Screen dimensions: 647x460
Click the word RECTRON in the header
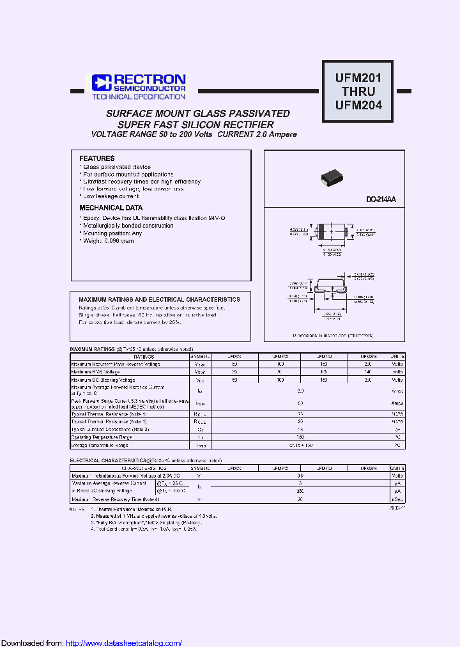150,79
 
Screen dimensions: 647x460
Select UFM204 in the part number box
358,105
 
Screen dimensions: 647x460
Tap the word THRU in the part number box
358,92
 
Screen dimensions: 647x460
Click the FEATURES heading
97,159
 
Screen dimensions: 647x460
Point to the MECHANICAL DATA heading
111,208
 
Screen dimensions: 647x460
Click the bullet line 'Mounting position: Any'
113,233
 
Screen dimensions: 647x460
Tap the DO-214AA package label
381,200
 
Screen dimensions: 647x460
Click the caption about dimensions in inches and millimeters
334,335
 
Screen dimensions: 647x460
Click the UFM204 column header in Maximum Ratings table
369,356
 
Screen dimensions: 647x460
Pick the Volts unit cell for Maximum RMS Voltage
397,371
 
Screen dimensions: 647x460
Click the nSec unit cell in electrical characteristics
397,499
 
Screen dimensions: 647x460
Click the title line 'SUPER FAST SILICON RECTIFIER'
197,125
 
